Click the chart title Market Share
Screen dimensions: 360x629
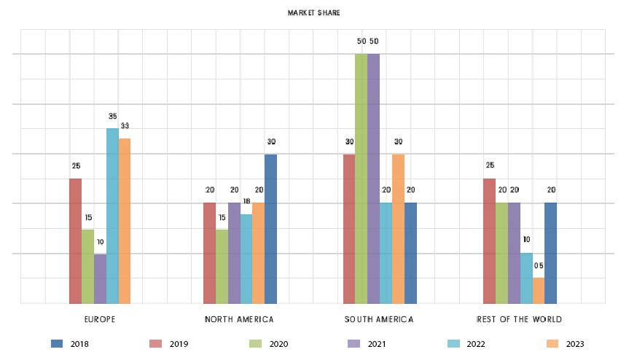tap(313, 13)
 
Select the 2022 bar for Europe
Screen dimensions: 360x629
tap(112, 216)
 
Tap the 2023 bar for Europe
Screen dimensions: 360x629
tap(125, 221)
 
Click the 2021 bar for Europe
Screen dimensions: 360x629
tap(100, 278)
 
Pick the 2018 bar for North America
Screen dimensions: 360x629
tap(270, 229)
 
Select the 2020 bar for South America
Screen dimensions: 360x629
tap(361, 179)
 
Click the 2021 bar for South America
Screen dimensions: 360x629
tap(373, 179)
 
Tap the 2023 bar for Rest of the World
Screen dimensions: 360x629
tap(539, 290)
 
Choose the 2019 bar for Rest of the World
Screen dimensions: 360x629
tap(489, 240)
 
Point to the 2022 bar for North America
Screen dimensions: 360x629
tap(246, 259)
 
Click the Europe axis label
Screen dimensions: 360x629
tap(101, 320)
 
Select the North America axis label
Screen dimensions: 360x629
tap(239, 320)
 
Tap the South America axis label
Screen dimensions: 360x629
tap(379, 320)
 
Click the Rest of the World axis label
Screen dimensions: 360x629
tap(519, 320)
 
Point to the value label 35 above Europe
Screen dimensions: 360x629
tap(113, 117)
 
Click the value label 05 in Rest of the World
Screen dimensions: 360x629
tap(539, 266)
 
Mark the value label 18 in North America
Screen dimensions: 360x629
tap(247, 201)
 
